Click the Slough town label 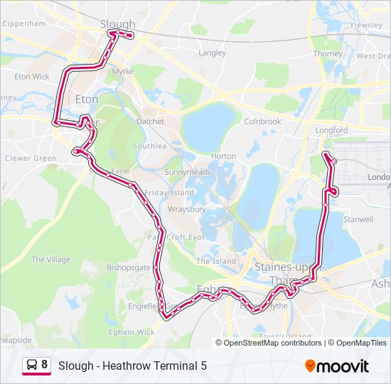(x=118, y=24)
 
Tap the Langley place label (x=213, y=53)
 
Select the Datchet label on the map (x=150, y=122)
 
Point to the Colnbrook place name (x=262, y=122)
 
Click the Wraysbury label (x=186, y=210)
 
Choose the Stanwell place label (x=358, y=220)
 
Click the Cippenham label (x=24, y=23)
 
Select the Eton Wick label (x=32, y=76)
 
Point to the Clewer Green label (x=31, y=158)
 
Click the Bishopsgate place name (x=129, y=268)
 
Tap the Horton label (x=224, y=156)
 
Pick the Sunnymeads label (x=183, y=172)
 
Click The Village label (x=50, y=260)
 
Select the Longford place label (x=331, y=131)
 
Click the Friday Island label (x=169, y=193)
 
